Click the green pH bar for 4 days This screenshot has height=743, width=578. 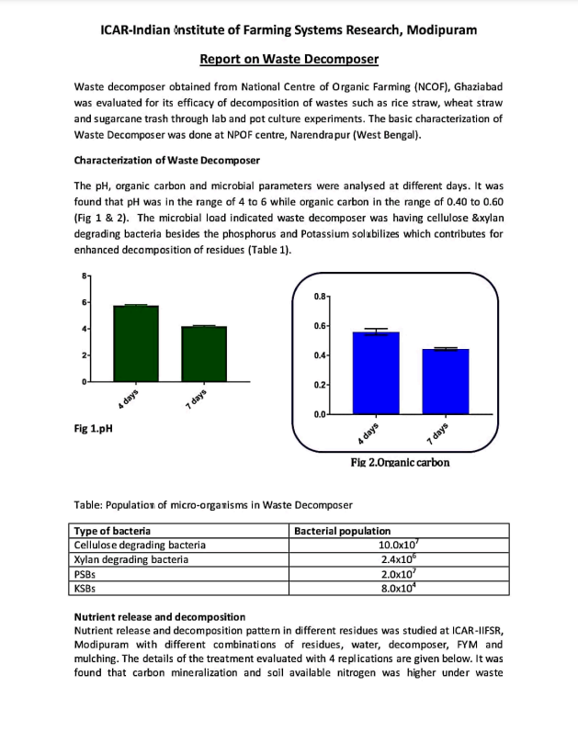point(136,343)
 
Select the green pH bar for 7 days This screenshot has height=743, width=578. point(203,354)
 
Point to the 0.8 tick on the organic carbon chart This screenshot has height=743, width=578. point(320,297)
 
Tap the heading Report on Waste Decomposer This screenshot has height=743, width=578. point(289,60)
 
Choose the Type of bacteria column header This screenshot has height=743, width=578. point(113,531)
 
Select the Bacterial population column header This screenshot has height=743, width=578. point(342,531)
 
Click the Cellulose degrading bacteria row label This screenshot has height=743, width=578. point(140,545)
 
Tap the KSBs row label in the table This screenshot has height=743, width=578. point(85,589)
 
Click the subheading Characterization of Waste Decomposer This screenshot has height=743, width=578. point(166,160)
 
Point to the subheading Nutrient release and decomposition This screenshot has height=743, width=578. point(159,616)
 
